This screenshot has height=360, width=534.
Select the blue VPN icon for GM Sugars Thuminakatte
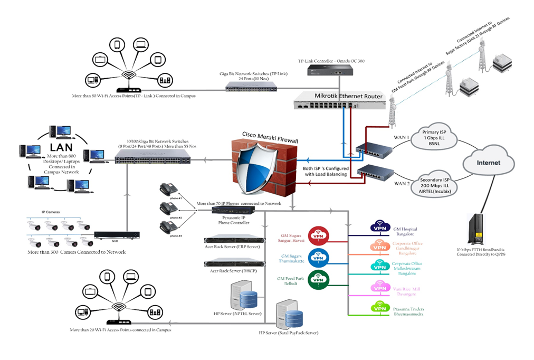[x=318, y=257]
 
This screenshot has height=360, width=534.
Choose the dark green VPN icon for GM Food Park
[x=318, y=278]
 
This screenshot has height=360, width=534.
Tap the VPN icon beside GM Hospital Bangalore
[x=379, y=228]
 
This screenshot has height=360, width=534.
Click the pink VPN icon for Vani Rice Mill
[x=379, y=287]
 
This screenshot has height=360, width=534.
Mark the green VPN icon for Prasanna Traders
[x=379, y=307]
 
